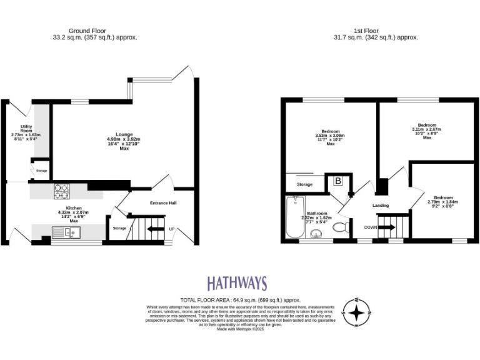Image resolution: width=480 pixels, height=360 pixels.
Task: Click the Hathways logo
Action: click(x=237, y=283)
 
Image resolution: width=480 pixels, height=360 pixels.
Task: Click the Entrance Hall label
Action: click(x=163, y=203)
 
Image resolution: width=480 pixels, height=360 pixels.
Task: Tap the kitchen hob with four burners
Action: click(x=62, y=189)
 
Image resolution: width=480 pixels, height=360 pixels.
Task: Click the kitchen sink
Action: click(x=64, y=233)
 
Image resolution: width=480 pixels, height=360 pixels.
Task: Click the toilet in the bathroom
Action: click(x=342, y=227)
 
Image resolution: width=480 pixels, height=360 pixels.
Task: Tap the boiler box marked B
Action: click(x=338, y=182)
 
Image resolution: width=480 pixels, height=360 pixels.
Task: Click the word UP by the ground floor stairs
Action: click(x=172, y=229)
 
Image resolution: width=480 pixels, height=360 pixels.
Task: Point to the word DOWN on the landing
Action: click(x=371, y=227)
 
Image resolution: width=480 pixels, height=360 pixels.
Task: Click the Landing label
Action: click(x=381, y=205)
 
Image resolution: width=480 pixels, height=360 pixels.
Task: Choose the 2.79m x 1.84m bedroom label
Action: click(x=442, y=200)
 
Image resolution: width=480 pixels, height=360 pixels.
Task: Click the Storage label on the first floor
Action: click(x=304, y=184)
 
